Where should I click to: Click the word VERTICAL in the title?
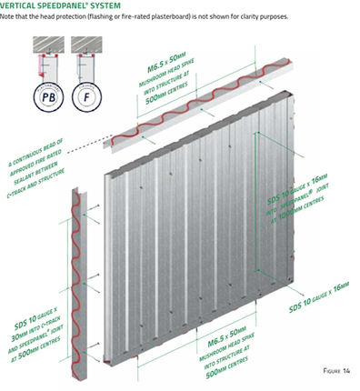[x=20, y=5]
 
